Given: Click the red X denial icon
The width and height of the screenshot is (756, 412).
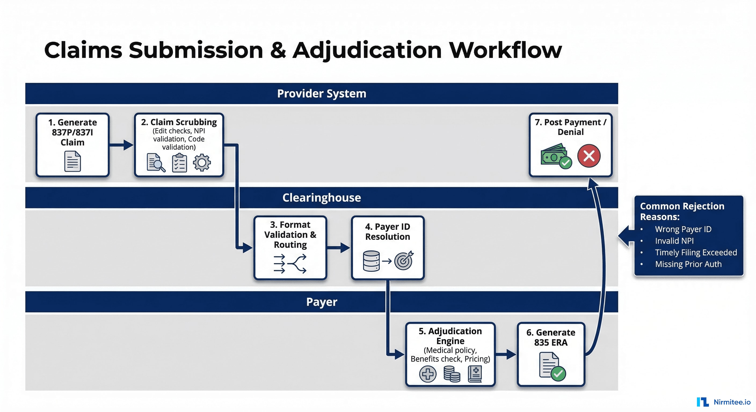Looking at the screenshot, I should (589, 156).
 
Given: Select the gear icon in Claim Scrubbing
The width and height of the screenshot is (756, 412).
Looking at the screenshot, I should (202, 162).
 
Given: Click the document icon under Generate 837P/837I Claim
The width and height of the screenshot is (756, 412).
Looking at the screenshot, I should (72, 161).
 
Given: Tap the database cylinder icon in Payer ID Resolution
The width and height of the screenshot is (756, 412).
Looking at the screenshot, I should (371, 261).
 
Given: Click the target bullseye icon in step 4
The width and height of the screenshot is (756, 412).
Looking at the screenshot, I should (404, 260).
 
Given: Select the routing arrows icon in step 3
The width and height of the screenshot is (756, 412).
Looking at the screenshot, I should (290, 264).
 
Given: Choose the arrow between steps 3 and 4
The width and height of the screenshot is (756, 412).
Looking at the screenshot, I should (338, 248).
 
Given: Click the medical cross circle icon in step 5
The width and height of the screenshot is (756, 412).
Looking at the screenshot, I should (428, 374).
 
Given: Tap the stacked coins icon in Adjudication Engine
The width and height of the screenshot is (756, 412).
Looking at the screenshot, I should (452, 374).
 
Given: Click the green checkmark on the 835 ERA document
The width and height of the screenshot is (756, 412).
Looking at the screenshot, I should (558, 373).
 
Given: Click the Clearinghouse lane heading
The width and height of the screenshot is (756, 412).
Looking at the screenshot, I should (321, 198).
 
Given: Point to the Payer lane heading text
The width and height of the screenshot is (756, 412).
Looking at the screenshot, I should (321, 302).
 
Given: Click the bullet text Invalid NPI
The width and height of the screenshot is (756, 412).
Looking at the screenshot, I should (674, 241).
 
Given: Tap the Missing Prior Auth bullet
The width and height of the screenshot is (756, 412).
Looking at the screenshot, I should (688, 264).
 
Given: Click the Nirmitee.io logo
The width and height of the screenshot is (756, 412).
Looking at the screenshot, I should (724, 402).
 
